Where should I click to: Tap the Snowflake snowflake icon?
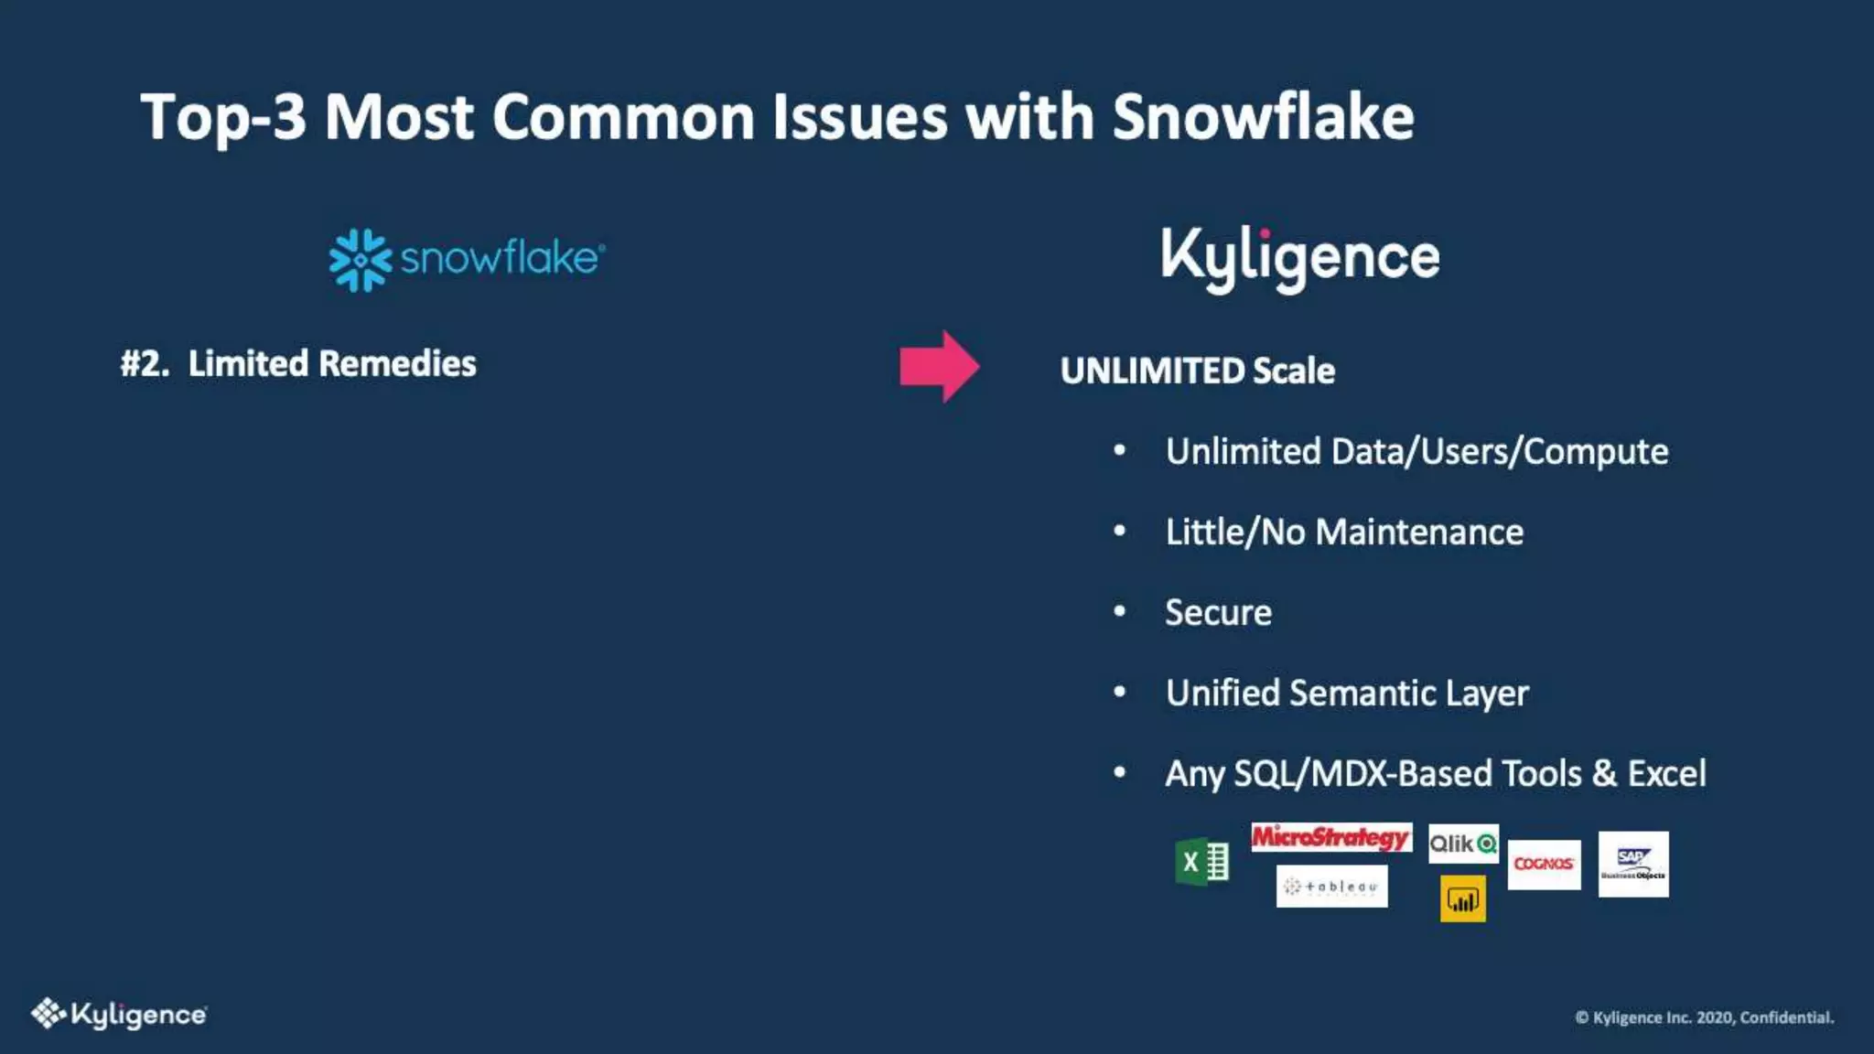coord(360,260)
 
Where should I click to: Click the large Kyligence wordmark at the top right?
coord(1299,257)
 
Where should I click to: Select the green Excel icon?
coord(1201,862)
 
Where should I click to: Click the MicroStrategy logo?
coord(1330,837)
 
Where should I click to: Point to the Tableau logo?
coord(1331,886)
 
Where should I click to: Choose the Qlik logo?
coord(1462,844)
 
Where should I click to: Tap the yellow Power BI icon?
coord(1462,899)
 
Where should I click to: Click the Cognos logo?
coord(1544,864)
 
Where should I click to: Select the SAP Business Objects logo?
coord(1633,864)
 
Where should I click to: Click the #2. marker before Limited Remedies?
coord(145,363)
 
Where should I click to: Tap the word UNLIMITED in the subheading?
coord(1152,371)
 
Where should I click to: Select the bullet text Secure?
coord(1218,612)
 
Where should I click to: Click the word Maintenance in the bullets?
coord(1419,532)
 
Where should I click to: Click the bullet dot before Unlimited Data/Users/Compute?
coord(1119,451)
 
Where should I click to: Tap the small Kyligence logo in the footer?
coord(119,1014)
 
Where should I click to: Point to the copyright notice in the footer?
coord(1704,1017)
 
